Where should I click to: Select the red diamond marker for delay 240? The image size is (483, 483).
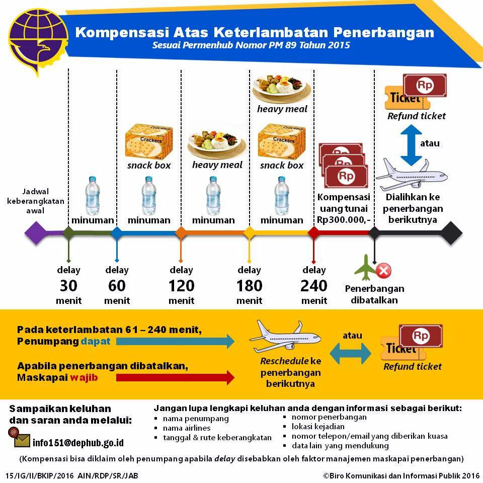coord(313,232)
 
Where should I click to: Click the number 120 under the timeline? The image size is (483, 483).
coord(181,286)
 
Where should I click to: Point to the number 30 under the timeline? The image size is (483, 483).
coord(68,286)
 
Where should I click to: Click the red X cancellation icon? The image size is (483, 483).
coord(384,271)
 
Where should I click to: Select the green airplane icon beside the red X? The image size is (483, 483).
coord(366,268)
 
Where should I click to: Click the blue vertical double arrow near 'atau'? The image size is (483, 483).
coord(412,145)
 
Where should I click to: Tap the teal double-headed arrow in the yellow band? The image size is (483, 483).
coord(350,351)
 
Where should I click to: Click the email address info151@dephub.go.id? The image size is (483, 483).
coord(78,443)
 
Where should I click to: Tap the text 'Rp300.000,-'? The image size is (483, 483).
coord(344,220)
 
